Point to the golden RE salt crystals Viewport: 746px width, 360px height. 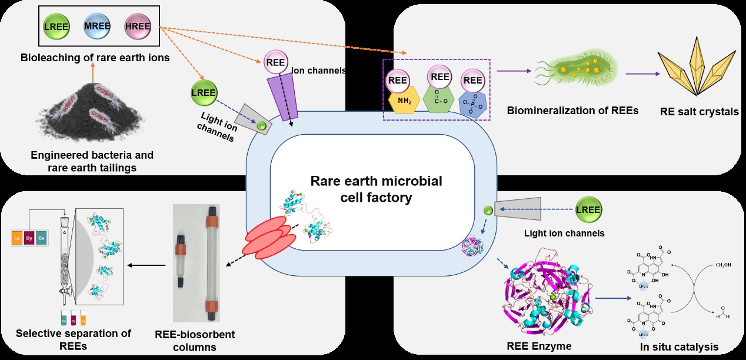pyautogui.click(x=695, y=68)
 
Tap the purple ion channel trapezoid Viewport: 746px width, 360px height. pyautogui.click(x=285, y=98)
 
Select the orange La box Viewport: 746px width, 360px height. pyautogui.click(x=16, y=238)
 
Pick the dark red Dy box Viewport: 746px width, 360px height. pyautogui.click(x=29, y=238)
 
